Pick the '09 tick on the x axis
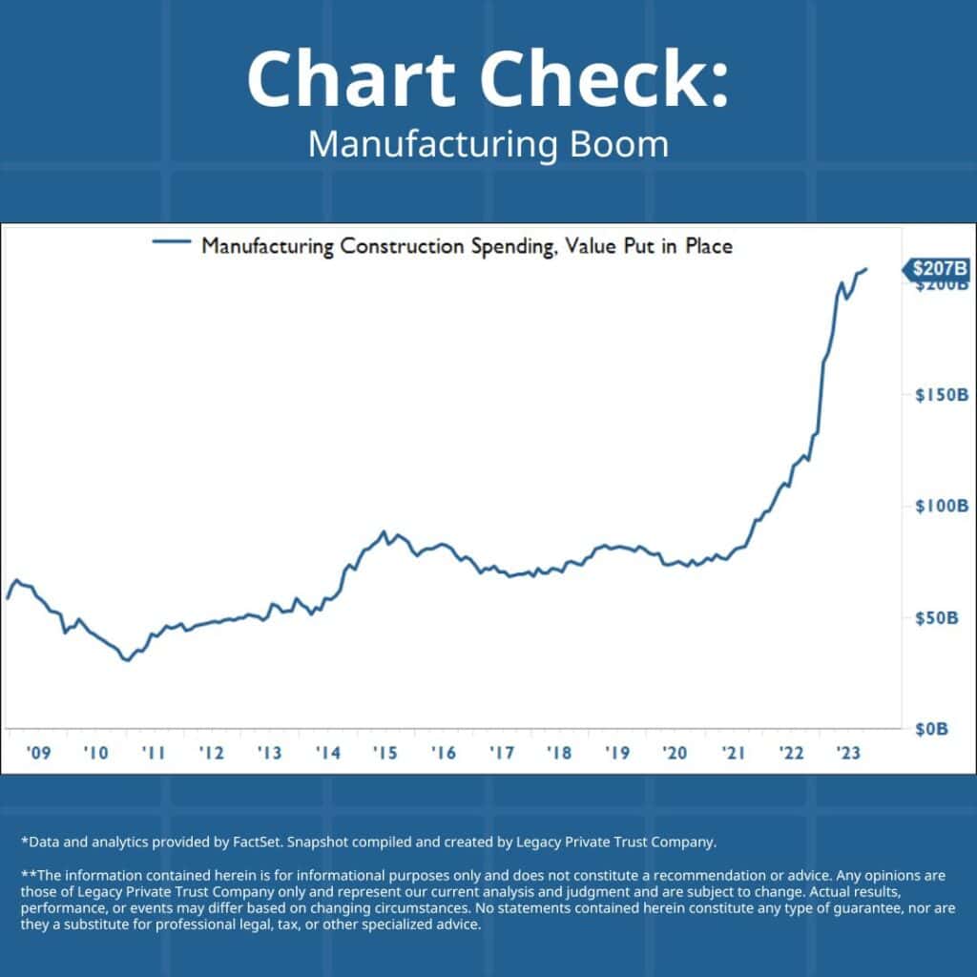38,753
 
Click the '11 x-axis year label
154,753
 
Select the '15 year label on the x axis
385,753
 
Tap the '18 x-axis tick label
559,753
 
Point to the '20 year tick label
675,753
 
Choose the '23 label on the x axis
848,753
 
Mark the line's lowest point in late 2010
126,659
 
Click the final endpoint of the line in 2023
866,270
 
